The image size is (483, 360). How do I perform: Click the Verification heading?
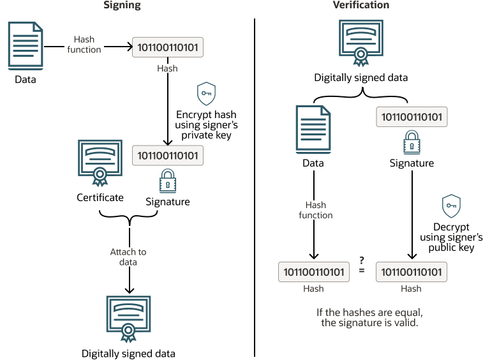(361, 5)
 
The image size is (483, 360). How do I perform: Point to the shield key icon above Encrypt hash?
(205, 93)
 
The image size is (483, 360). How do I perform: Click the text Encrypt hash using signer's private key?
(206, 124)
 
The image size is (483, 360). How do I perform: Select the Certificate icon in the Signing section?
(100, 161)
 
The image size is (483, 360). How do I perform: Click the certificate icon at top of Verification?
(361, 42)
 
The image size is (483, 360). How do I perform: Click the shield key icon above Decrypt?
(452, 206)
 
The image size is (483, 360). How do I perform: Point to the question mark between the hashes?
(362, 260)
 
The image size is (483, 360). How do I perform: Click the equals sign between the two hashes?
(362, 272)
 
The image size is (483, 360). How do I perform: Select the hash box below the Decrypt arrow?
(412, 272)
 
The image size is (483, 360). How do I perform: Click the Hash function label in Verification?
(315, 211)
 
